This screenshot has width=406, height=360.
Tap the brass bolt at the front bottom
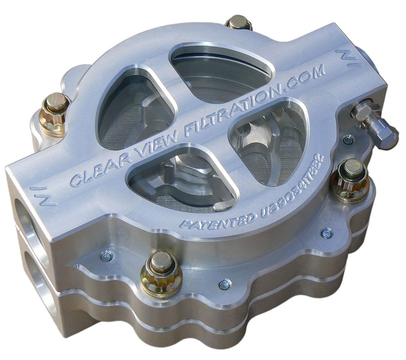click(160, 272)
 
